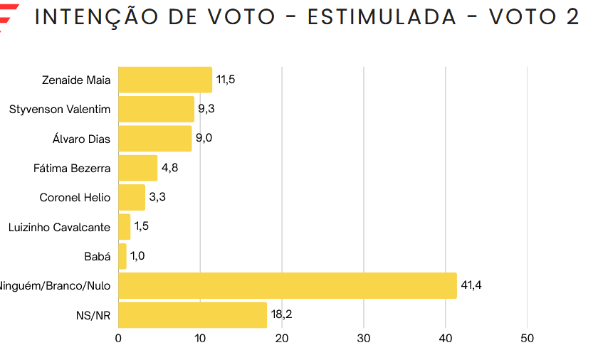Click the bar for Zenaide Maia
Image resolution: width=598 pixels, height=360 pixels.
165,80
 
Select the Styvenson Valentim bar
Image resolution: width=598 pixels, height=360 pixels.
156,109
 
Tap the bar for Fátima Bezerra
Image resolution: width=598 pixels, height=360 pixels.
137,168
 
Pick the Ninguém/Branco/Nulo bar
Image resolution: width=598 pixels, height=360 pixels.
287,285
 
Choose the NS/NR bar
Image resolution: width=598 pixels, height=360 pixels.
192,314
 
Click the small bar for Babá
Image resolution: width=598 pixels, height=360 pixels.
122,256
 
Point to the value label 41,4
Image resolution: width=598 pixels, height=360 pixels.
472,285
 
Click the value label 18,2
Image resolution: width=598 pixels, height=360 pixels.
282,314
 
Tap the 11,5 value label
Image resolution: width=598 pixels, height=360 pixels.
226,80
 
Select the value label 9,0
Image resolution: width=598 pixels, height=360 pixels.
204,138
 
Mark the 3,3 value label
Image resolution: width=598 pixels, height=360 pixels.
157,197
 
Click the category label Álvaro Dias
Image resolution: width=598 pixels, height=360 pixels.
82,139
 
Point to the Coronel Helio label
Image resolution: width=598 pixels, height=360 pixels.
75,197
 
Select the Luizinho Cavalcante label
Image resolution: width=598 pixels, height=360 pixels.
60,227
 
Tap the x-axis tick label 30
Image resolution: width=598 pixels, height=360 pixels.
364,339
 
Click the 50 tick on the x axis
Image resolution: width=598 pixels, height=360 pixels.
528,339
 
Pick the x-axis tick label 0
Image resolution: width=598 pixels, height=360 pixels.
118,339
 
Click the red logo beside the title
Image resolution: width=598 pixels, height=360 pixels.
9,18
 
